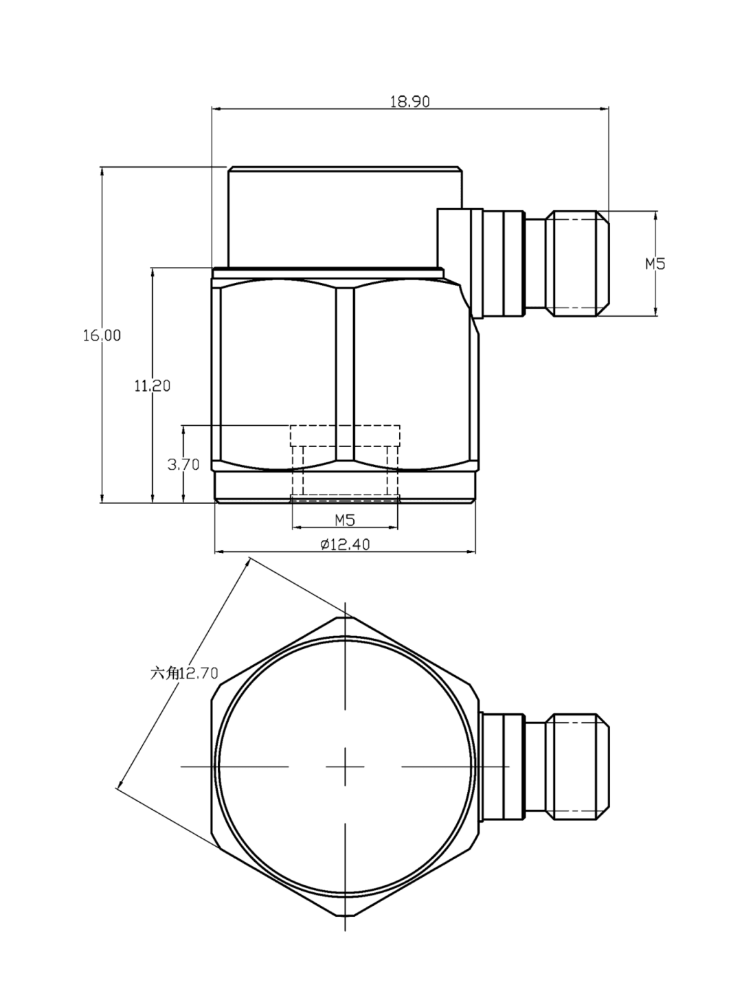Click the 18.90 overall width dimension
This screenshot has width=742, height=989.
click(410, 102)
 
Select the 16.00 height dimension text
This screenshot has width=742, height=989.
click(102, 335)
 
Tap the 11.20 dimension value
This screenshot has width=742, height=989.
click(152, 385)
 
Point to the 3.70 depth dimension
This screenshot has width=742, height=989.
click(183, 464)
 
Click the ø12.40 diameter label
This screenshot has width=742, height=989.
click(345, 544)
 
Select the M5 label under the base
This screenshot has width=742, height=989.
click(344, 520)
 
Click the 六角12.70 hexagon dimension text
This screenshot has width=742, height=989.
click(184, 673)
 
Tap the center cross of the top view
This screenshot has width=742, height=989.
click(345, 766)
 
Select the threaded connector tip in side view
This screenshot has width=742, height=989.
click(578, 264)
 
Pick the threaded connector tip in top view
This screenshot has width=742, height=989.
click(578, 766)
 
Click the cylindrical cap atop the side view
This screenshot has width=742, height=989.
click(345, 216)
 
